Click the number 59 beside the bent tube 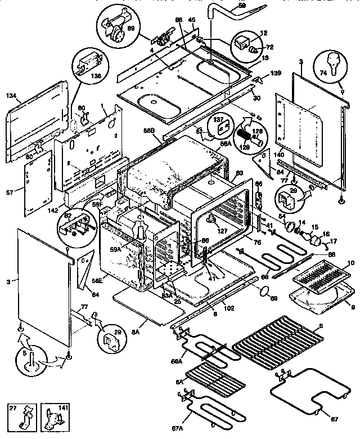tap(242, 6)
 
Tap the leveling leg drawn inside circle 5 tap(33, 361)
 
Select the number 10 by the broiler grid tap(351, 262)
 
